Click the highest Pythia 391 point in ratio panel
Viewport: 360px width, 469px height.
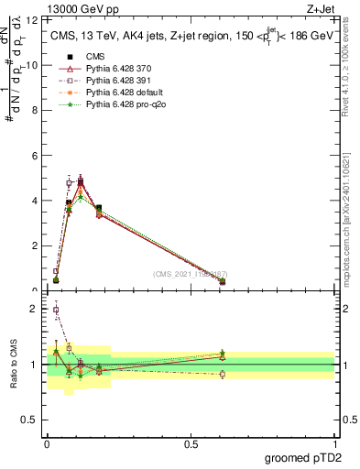[56, 310]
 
